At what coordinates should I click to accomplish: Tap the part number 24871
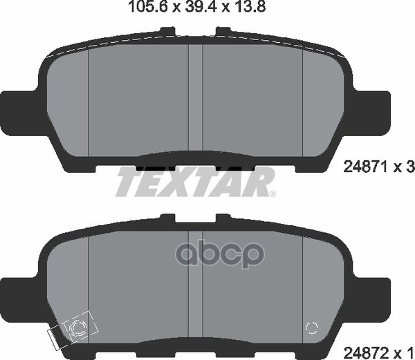pyautogui.click(x=364, y=166)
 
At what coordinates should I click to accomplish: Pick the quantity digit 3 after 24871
pyautogui.click(x=409, y=166)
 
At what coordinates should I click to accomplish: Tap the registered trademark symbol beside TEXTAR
pyautogui.click(x=272, y=193)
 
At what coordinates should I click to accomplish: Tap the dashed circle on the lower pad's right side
pyautogui.click(x=312, y=330)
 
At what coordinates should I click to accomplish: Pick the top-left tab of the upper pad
pyautogui.click(x=167, y=31)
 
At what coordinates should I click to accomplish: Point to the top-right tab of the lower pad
pyautogui.click(x=224, y=218)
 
